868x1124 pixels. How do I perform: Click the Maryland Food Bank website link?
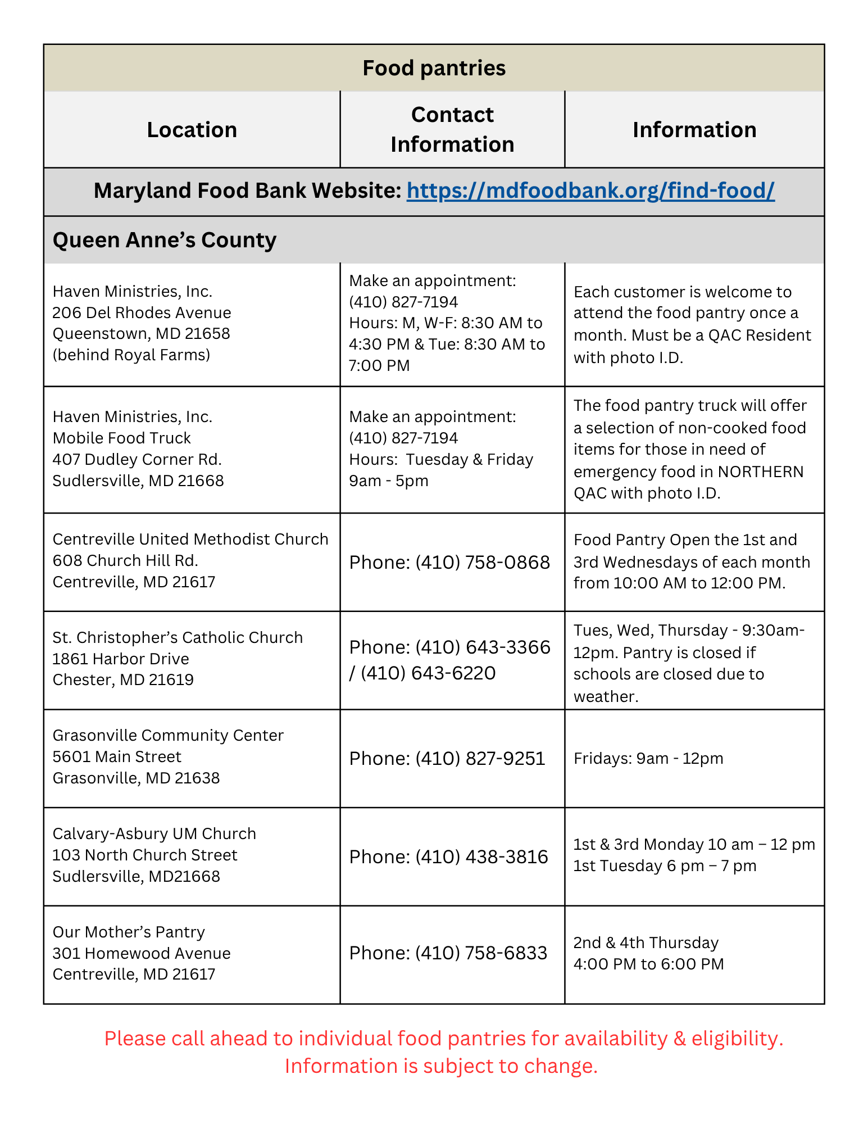point(590,191)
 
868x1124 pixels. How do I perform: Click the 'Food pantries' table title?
point(434,68)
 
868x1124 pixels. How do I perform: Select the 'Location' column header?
point(192,130)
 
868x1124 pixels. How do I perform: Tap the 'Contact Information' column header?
point(452,129)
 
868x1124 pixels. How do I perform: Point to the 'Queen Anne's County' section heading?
point(164,240)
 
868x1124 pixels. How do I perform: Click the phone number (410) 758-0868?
point(482,562)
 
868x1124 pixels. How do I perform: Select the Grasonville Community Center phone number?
point(480,758)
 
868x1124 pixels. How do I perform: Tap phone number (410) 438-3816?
point(481,856)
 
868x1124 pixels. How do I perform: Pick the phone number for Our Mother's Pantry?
point(481,953)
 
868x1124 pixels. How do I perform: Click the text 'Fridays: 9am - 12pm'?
point(648,758)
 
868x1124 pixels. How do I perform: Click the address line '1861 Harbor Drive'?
point(121,659)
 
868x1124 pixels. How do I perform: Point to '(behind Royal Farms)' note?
point(131,355)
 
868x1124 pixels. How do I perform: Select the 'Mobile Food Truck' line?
point(121,438)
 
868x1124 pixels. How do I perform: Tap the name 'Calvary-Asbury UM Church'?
point(154,833)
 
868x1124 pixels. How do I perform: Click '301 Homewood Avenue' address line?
point(142,953)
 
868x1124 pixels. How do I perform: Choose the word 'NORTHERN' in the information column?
point(761,472)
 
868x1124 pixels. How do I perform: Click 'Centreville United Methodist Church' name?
point(190,539)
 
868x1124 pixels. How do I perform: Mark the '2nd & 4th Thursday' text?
point(646,942)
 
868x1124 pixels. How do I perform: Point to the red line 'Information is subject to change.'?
point(441,1066)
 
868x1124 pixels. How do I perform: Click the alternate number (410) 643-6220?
point(428,673)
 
